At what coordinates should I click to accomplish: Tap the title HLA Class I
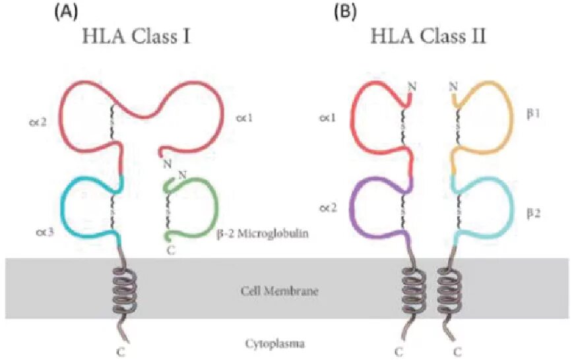click(x=136, y=36)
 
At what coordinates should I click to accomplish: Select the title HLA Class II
click(x=430, y=36)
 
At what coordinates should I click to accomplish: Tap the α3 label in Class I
click(x=46, y=231)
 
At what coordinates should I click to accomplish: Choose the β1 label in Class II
click(x=534, y=113)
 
